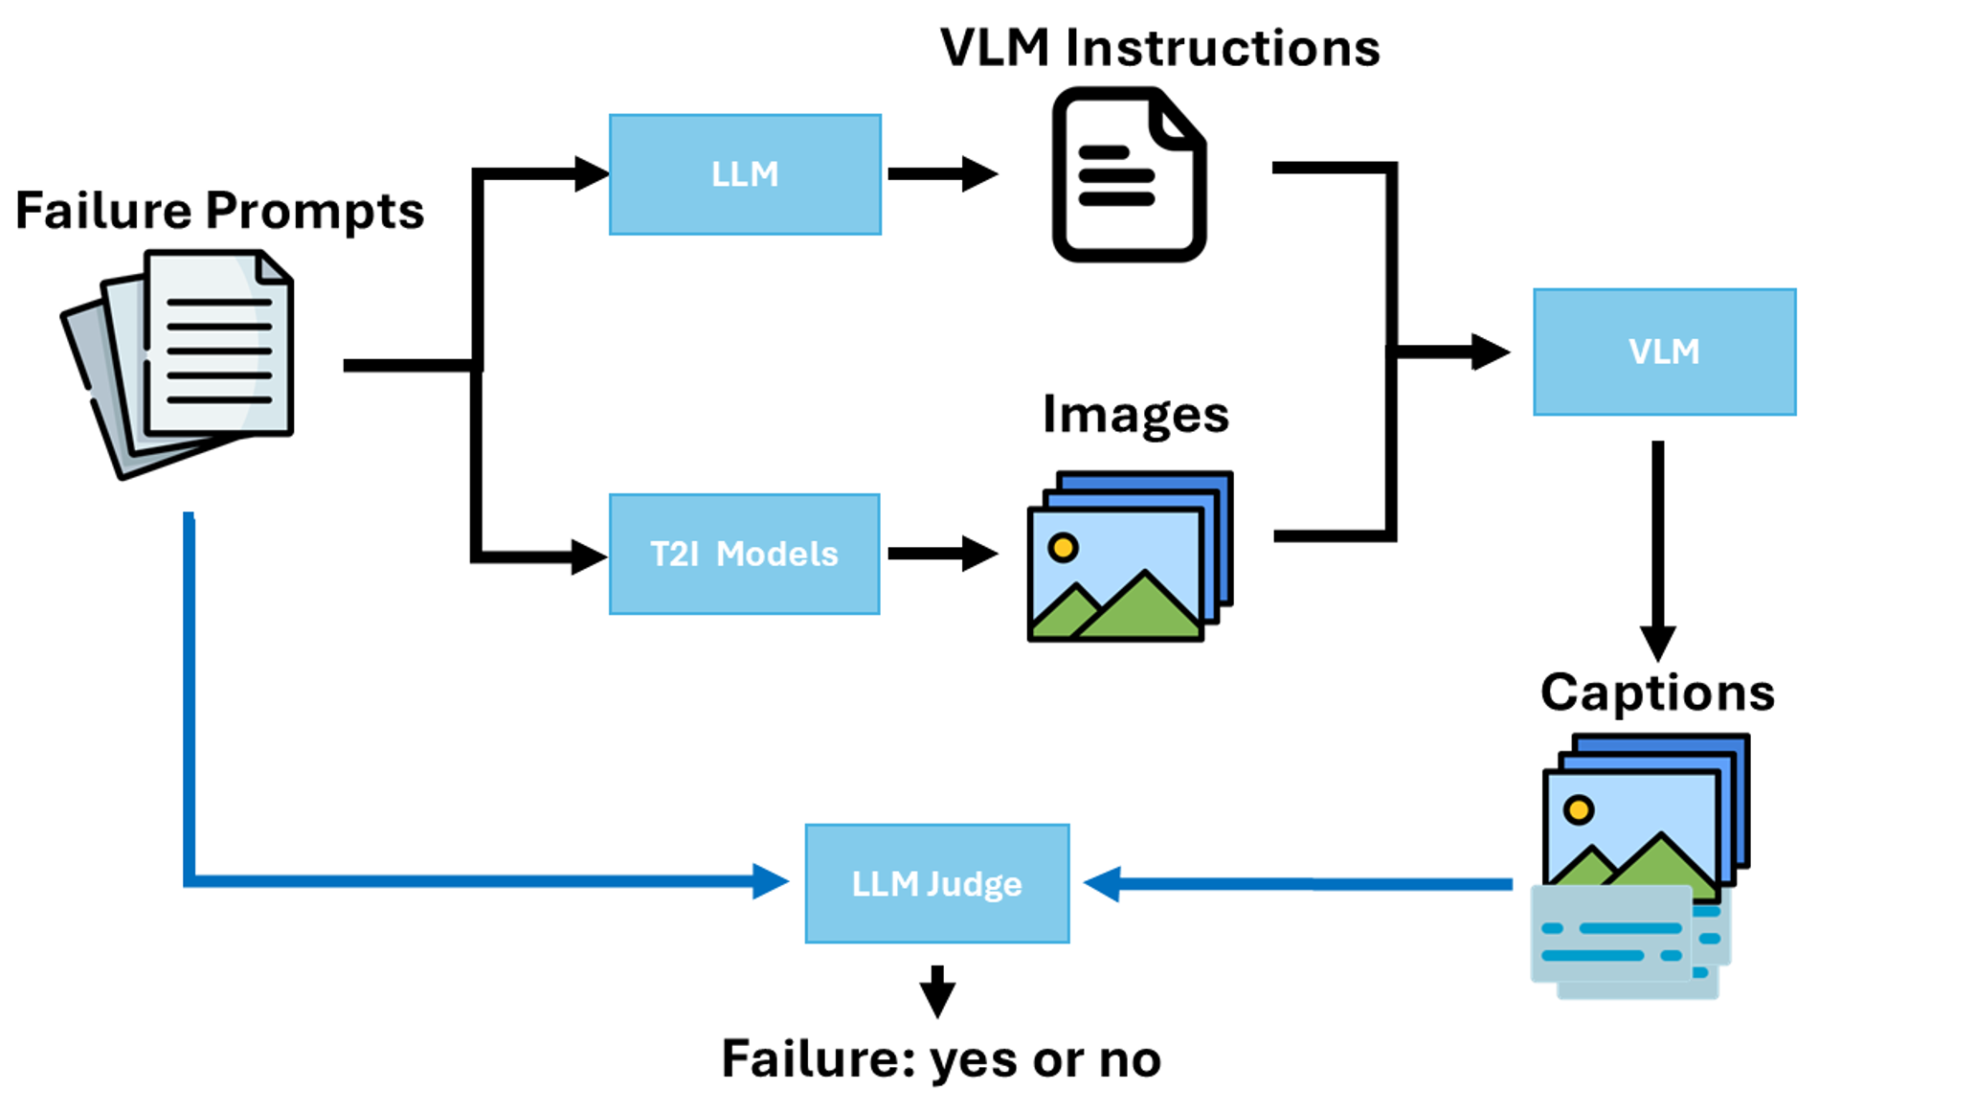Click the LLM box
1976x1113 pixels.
point(745,174)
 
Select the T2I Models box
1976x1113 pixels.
point(745,554)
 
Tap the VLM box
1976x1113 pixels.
point(1664,352)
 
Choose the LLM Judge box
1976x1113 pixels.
point(936,883)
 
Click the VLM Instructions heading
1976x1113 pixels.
point(1159,48)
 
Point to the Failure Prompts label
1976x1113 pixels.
point(219,211)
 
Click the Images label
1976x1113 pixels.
point(1135,415)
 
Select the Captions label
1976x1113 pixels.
point(1657,692)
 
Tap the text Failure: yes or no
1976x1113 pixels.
point(941,1058)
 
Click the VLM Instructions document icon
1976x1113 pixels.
point(1129,174)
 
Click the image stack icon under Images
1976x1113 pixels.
point(1130,556)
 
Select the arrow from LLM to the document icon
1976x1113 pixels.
point(942,174)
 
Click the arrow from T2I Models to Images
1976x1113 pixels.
point(942,554)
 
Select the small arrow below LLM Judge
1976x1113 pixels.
point(937,992)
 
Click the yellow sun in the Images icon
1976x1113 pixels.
point(1063,548)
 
